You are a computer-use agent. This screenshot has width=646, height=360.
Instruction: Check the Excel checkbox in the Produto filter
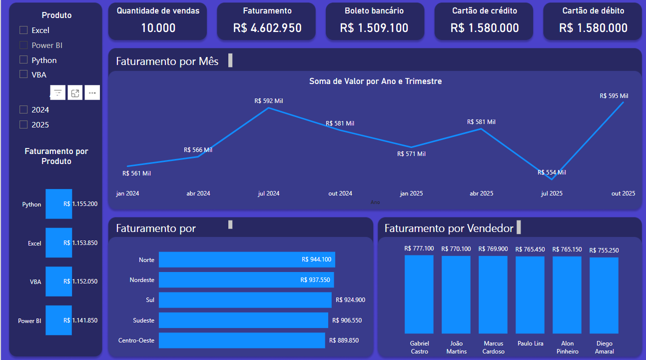point(23,30)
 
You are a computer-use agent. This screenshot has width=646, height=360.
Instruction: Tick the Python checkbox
point(23,60)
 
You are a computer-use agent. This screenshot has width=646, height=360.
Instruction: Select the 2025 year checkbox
point(23,124)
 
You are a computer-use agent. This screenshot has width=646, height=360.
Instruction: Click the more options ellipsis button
point(92,92)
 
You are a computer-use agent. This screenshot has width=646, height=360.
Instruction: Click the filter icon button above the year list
point(58,92)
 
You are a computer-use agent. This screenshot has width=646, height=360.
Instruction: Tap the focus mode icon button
point(75,92)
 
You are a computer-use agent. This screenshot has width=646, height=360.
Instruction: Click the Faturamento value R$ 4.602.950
point(267,28)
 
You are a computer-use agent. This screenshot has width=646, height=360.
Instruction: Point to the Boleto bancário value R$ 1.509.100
point(374,28)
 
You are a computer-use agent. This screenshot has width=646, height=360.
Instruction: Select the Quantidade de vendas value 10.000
point(158,28)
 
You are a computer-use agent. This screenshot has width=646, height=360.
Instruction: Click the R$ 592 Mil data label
point(269,100)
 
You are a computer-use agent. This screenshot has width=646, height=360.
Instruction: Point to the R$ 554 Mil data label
point(552,172)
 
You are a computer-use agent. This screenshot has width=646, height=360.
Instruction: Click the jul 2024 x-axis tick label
point(269,193)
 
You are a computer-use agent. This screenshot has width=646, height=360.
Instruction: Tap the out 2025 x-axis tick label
point(623,193)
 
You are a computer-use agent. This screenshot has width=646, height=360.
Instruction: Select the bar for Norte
point(247,259)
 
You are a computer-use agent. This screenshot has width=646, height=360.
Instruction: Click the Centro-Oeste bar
point(242,340)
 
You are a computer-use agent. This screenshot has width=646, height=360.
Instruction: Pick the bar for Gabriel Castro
point(419,294)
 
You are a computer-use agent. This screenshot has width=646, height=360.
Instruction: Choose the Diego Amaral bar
point(604,295)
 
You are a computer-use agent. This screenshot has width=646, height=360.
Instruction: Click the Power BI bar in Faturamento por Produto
point(58,320)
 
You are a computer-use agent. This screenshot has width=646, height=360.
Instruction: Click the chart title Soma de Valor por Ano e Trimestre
point(375,81)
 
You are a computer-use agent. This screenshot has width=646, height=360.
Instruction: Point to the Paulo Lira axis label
point(530,343)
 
